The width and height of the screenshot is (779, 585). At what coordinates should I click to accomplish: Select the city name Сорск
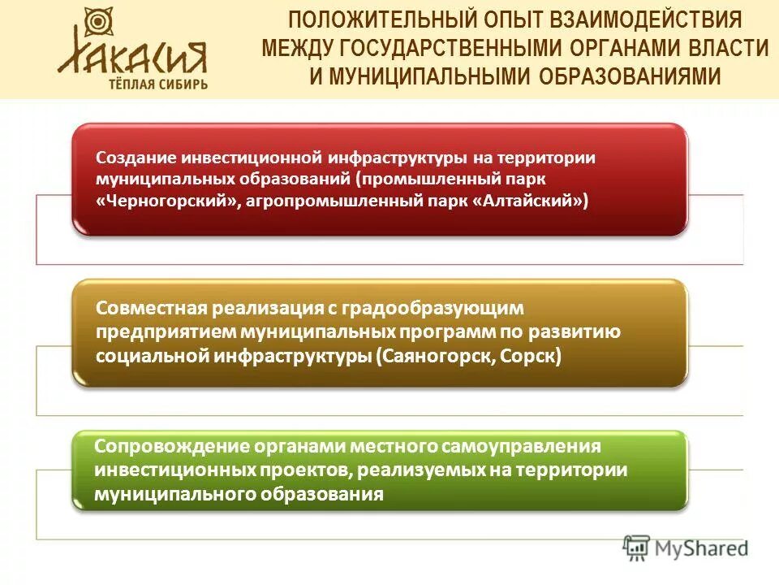(x=529, y=356)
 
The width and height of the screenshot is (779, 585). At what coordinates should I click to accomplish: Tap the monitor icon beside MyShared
(x=637, y=548)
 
